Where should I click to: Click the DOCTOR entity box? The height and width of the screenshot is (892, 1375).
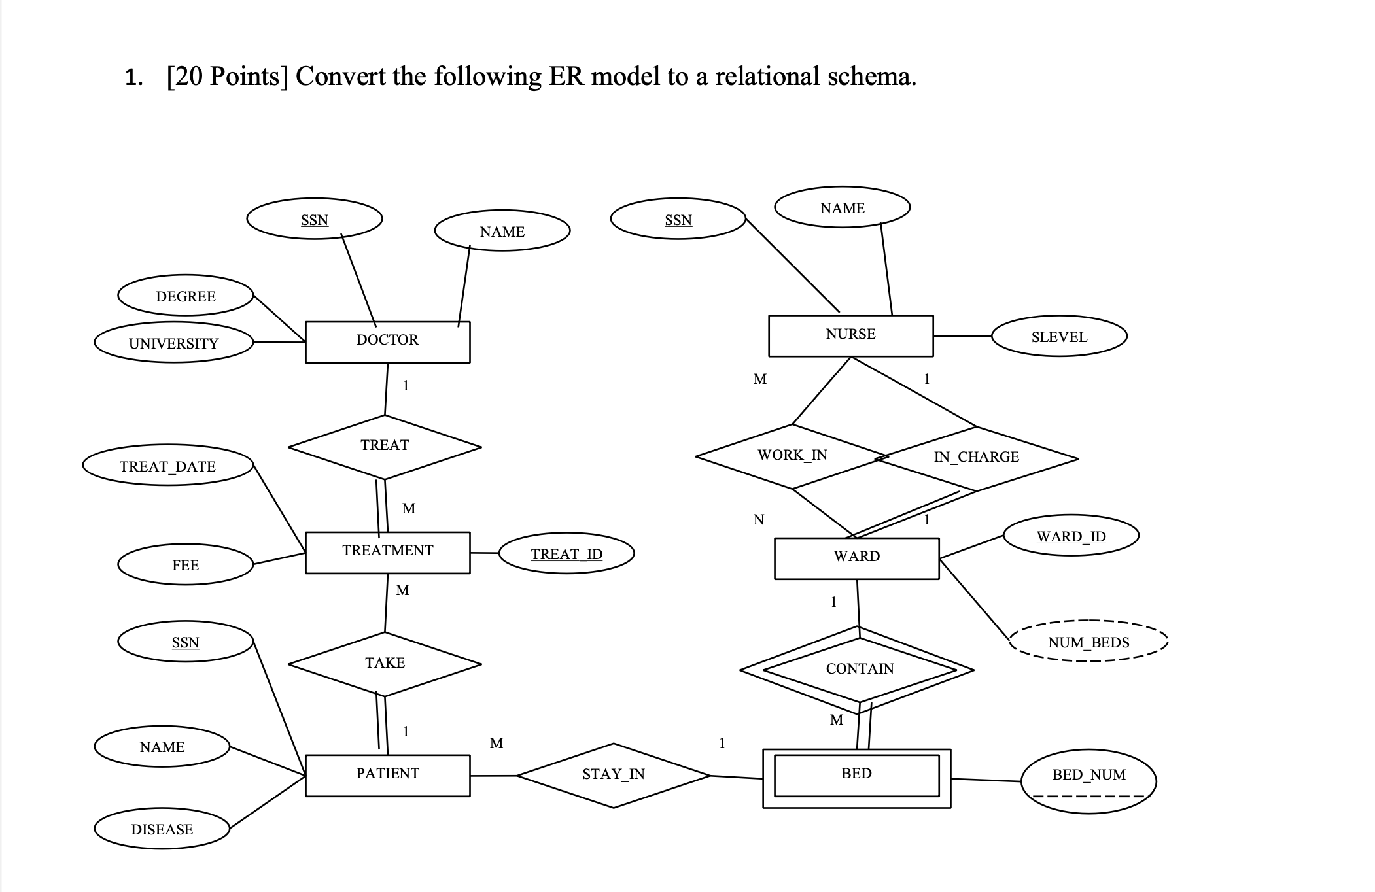[x=387, y=341]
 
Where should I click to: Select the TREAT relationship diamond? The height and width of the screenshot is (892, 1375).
[x=385, y=447]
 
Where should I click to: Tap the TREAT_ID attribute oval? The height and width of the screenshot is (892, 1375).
[x=566, y=554]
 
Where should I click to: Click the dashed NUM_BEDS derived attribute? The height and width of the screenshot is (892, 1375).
[x=1088, y=642]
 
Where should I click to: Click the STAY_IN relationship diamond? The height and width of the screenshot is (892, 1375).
[x=613, y=775]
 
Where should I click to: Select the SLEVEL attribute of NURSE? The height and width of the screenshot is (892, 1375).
[x=1059, y=337]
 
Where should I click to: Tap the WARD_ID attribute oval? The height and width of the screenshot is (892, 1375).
[x=1071, y=536]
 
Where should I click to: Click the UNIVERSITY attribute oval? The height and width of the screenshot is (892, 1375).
[x=173, y=343]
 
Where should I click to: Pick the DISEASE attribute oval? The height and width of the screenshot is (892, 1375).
[x=162, y=829]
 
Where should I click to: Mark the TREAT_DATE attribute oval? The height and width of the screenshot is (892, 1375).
[x=167, y=466]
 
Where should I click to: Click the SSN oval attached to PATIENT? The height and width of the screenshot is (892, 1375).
[x=185, y=642]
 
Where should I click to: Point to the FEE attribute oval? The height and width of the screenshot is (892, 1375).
[x=185, y=565]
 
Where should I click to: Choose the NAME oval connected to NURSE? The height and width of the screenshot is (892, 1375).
[x=842, y=208]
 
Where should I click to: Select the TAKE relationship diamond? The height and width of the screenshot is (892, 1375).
[x=385, y=663]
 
